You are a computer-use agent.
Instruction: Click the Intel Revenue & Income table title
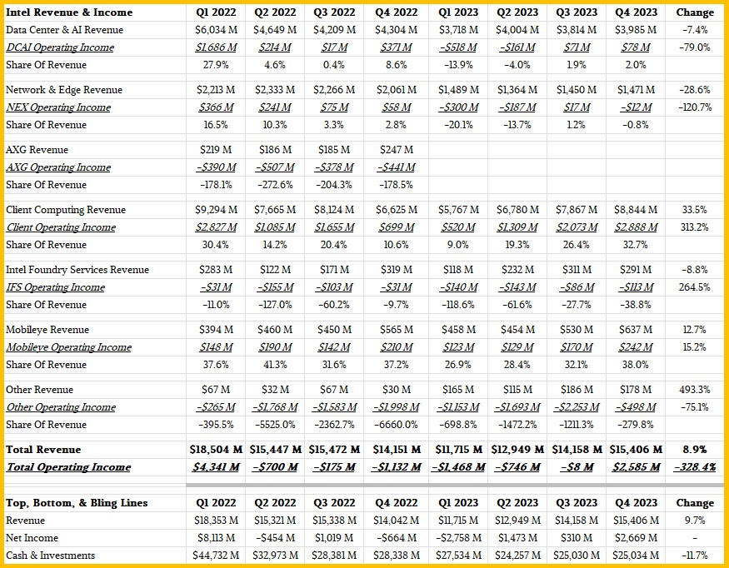(x=69, y=12)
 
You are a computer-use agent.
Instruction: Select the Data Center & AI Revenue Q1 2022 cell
(x=216, y=30)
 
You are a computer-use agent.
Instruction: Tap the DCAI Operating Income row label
(x=60, y=47)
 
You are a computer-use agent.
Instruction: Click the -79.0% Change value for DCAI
(x=695, y=47)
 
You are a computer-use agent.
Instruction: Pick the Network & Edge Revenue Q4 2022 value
(x=396, y=90)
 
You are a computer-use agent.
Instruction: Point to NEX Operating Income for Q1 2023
(x=458, y=107)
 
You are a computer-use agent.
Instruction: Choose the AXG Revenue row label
(x=37, y=150)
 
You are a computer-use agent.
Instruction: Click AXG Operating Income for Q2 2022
(x=275, y=167)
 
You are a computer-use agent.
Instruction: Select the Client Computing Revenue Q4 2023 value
(x=636, y=210)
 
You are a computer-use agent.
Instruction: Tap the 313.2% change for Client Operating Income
(x=695, y=227)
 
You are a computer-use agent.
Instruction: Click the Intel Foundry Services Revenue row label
(x=77, y=270)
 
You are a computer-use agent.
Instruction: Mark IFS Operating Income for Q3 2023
(x=577, y=287)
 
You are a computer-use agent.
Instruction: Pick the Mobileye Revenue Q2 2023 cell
(x=517, y=330)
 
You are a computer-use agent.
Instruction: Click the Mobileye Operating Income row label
(x=69, y=347)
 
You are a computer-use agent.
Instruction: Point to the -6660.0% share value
(x=396, y=425)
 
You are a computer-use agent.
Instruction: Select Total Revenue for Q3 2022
(x=334, y=450)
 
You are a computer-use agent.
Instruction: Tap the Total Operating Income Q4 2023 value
(x=636, y=467)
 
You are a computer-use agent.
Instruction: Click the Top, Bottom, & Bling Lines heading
(x=77, y=503)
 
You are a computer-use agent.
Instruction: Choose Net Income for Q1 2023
(x=458, y=538)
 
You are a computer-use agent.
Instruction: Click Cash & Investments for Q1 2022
(x=216, y=556)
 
